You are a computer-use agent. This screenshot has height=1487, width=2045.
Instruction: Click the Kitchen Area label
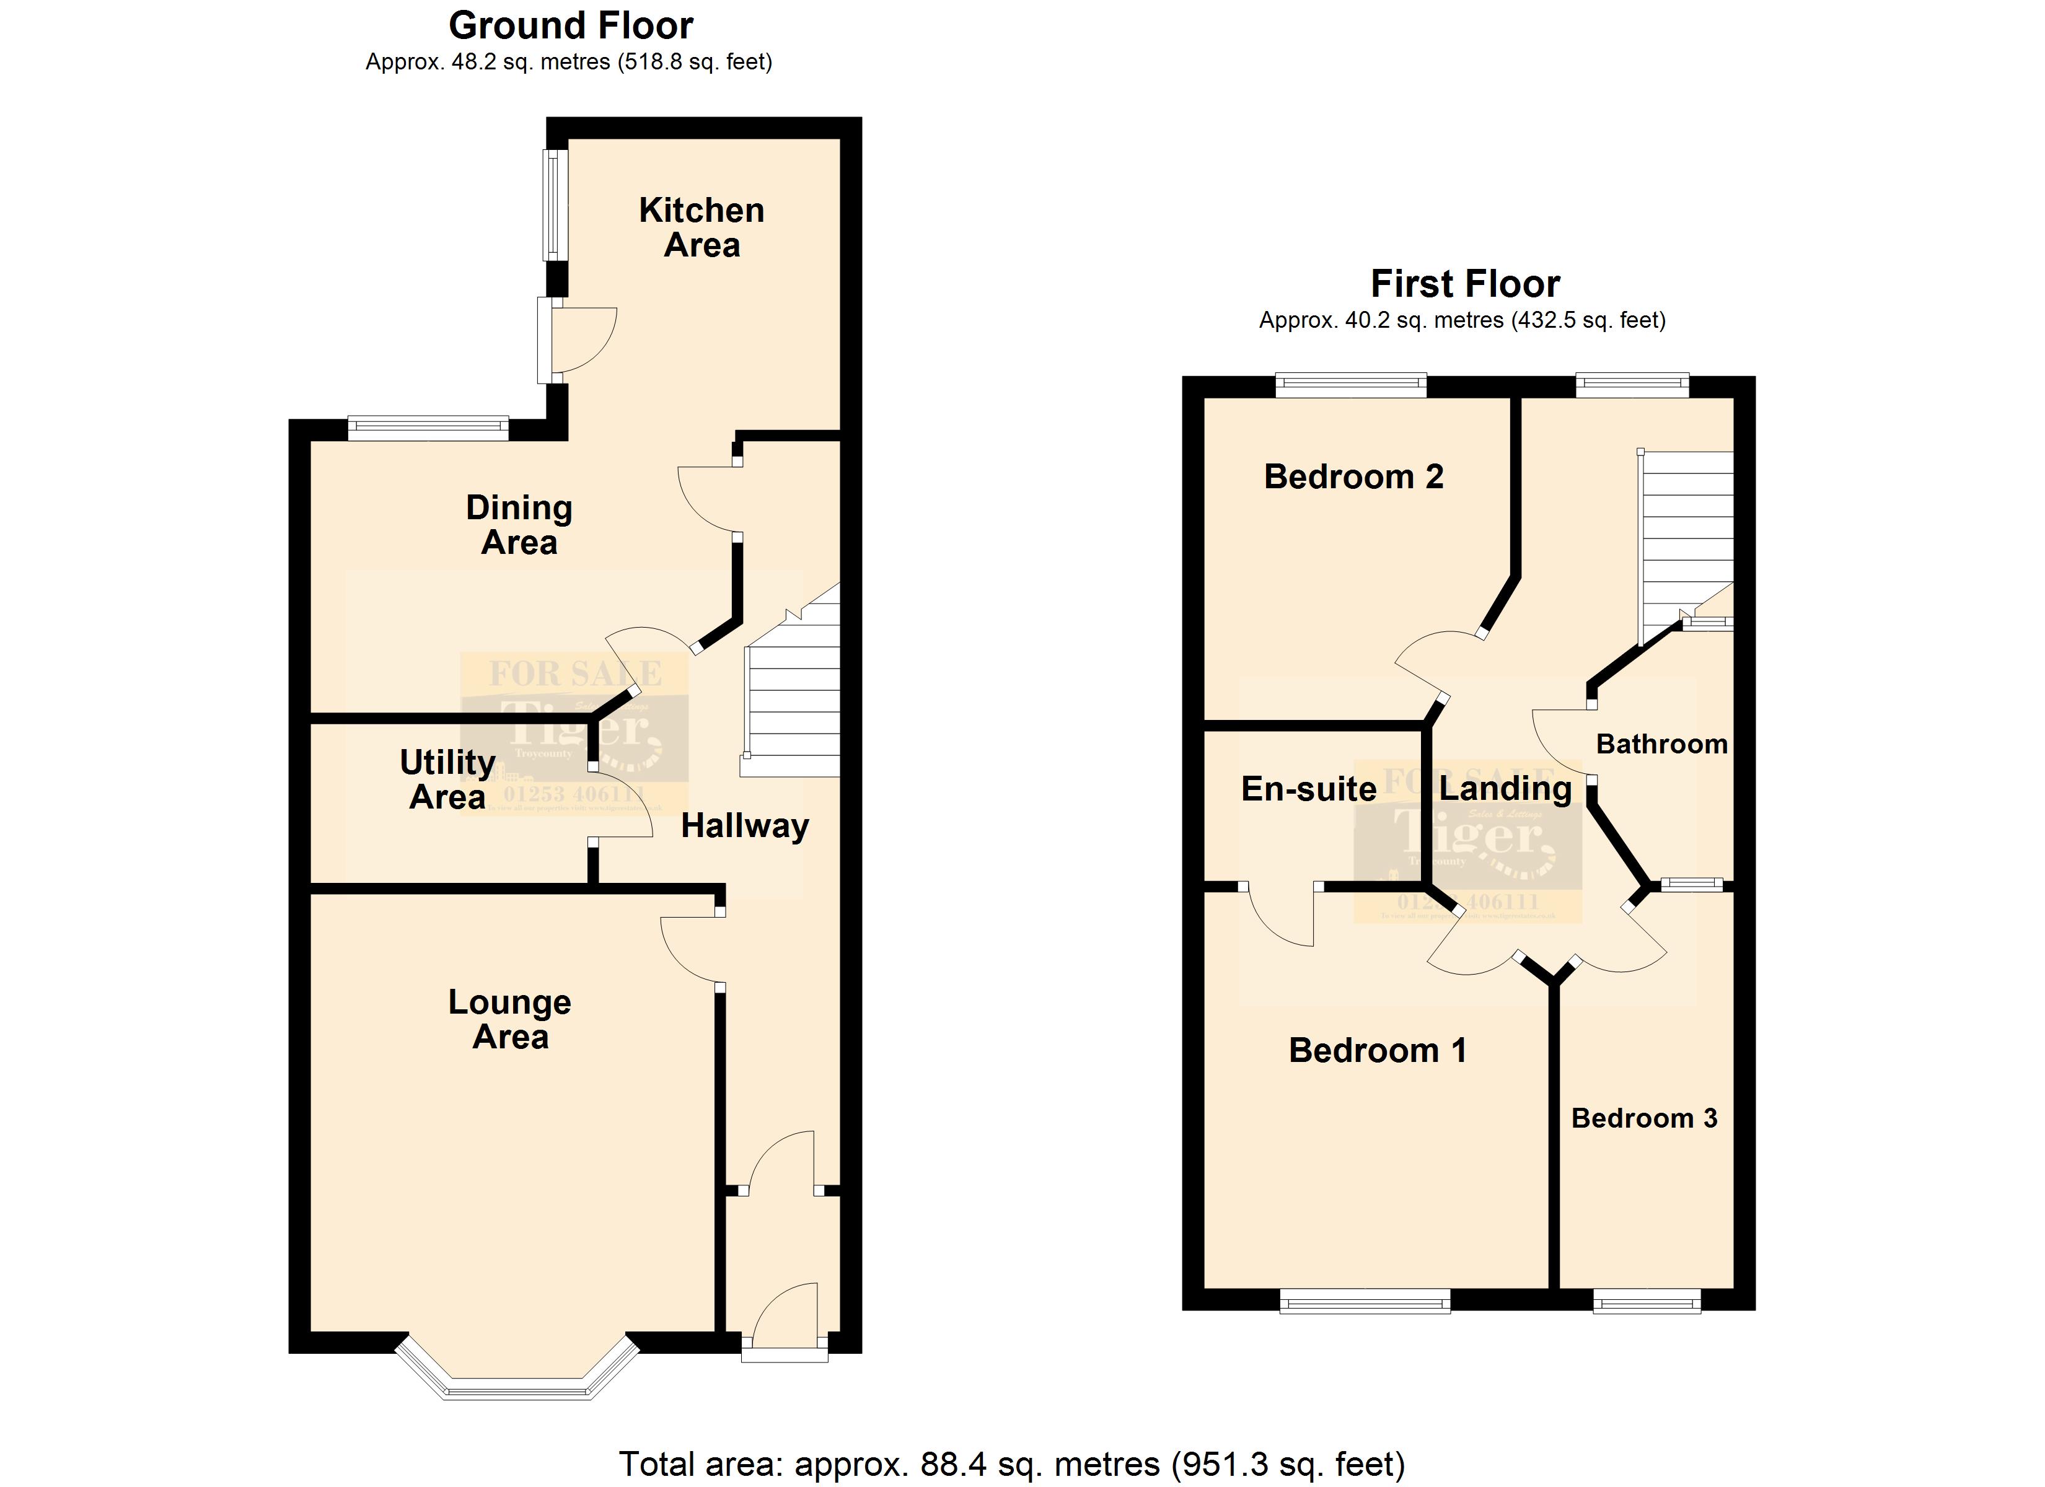pos(701,227)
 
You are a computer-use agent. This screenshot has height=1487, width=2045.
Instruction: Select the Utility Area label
pos(447,779)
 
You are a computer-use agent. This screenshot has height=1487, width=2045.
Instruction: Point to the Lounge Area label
pos(511,1019)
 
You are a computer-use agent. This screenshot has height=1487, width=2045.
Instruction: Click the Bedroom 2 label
pos(1353,476)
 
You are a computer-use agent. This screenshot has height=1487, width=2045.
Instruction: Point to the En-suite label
pos(1308,789)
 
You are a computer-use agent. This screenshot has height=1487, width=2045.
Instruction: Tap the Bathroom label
pos(1661,744)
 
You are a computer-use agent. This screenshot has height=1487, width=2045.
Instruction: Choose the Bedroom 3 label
pos(1644,1118)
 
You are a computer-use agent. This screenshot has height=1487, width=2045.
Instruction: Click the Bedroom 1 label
pos(1377,1051)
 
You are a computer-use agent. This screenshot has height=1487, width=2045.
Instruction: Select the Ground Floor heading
pos(571,25)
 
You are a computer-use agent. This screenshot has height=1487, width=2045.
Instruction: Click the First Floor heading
pos(1464,284)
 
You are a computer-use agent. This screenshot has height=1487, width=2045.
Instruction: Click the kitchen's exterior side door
pos(547,341)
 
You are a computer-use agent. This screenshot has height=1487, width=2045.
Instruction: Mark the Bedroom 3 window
pos(1647,1301)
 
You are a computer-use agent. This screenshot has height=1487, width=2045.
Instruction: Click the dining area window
pos(428,428)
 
